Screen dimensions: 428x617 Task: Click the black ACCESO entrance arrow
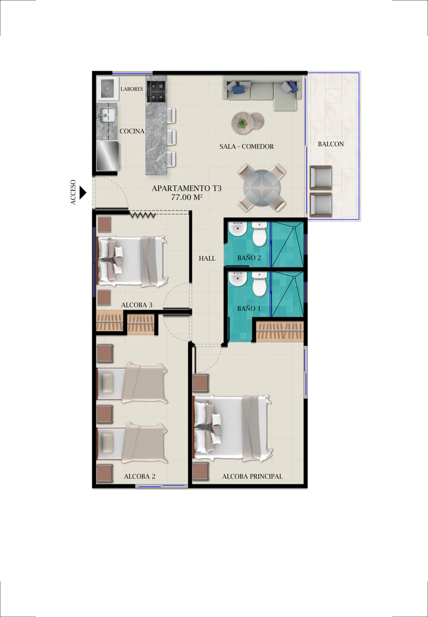click(x=82, y=193)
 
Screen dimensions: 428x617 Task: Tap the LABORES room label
click(x=132, y=89)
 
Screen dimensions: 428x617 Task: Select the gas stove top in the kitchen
click(x=156, y=92)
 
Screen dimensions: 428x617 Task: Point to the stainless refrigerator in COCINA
click(x=107, y=156)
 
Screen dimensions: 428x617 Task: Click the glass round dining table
click(x=262, y=188)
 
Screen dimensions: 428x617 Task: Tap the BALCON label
click(x=331, y=144)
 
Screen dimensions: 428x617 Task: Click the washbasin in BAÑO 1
click(x=237, y=279)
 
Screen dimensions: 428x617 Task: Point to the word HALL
click(x=207, y=259)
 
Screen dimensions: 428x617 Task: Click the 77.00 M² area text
click(x=187, y=197)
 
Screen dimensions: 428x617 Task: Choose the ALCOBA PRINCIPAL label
click(x=252, y=476)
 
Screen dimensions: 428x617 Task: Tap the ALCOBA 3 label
click(x=137, y=305)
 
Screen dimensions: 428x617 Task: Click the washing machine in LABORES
click(x=107, y=89)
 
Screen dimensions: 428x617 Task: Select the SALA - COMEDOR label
click(x=247, y=147)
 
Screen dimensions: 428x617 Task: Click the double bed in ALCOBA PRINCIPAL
click(x=232, y=428)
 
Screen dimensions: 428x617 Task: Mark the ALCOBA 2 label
click(x=140, y=476)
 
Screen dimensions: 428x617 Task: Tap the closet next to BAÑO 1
click(x=280, y=331)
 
